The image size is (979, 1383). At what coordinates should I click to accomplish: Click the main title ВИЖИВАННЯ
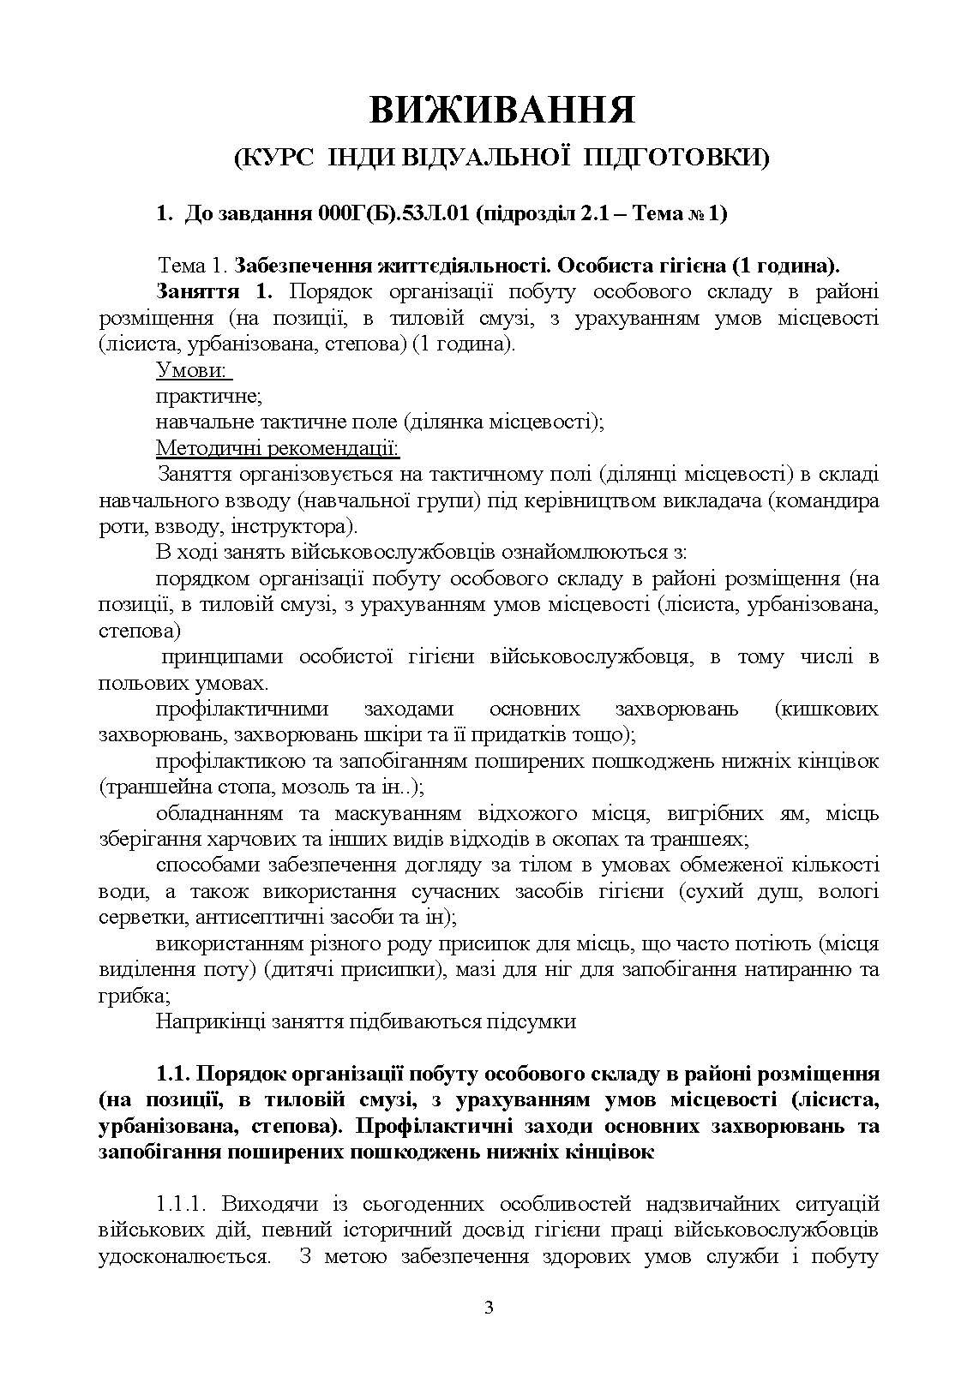[502, 111]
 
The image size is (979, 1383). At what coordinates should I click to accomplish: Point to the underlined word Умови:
[192, 369]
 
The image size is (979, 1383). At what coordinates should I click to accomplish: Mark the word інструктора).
[290, 525]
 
